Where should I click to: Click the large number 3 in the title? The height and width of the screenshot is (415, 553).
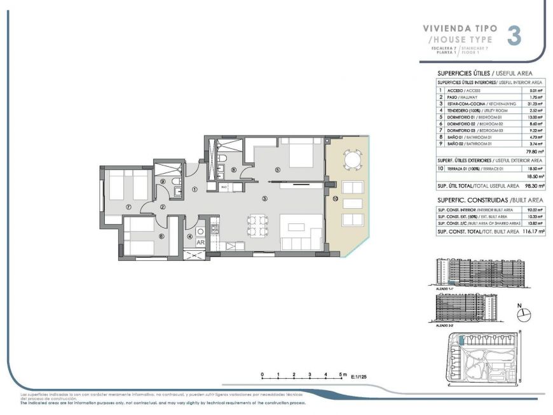click(514, 36)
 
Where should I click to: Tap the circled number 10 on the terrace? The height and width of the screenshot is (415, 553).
click(334, 199)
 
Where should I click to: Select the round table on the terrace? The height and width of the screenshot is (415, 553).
click(352, 157)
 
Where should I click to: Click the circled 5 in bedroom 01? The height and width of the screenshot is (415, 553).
click(277, 170)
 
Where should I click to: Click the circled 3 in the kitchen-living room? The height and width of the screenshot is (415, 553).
click(264, 199)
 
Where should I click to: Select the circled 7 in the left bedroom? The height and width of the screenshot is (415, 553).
click(128, 207)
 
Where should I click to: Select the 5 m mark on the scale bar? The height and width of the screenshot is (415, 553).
click(341, 373)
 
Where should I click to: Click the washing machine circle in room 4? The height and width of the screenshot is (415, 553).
click(200, 231)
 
